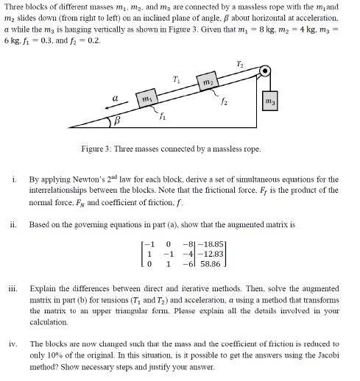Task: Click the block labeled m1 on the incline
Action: [x=148, y=98]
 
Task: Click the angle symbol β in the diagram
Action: [x=113, y=121]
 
